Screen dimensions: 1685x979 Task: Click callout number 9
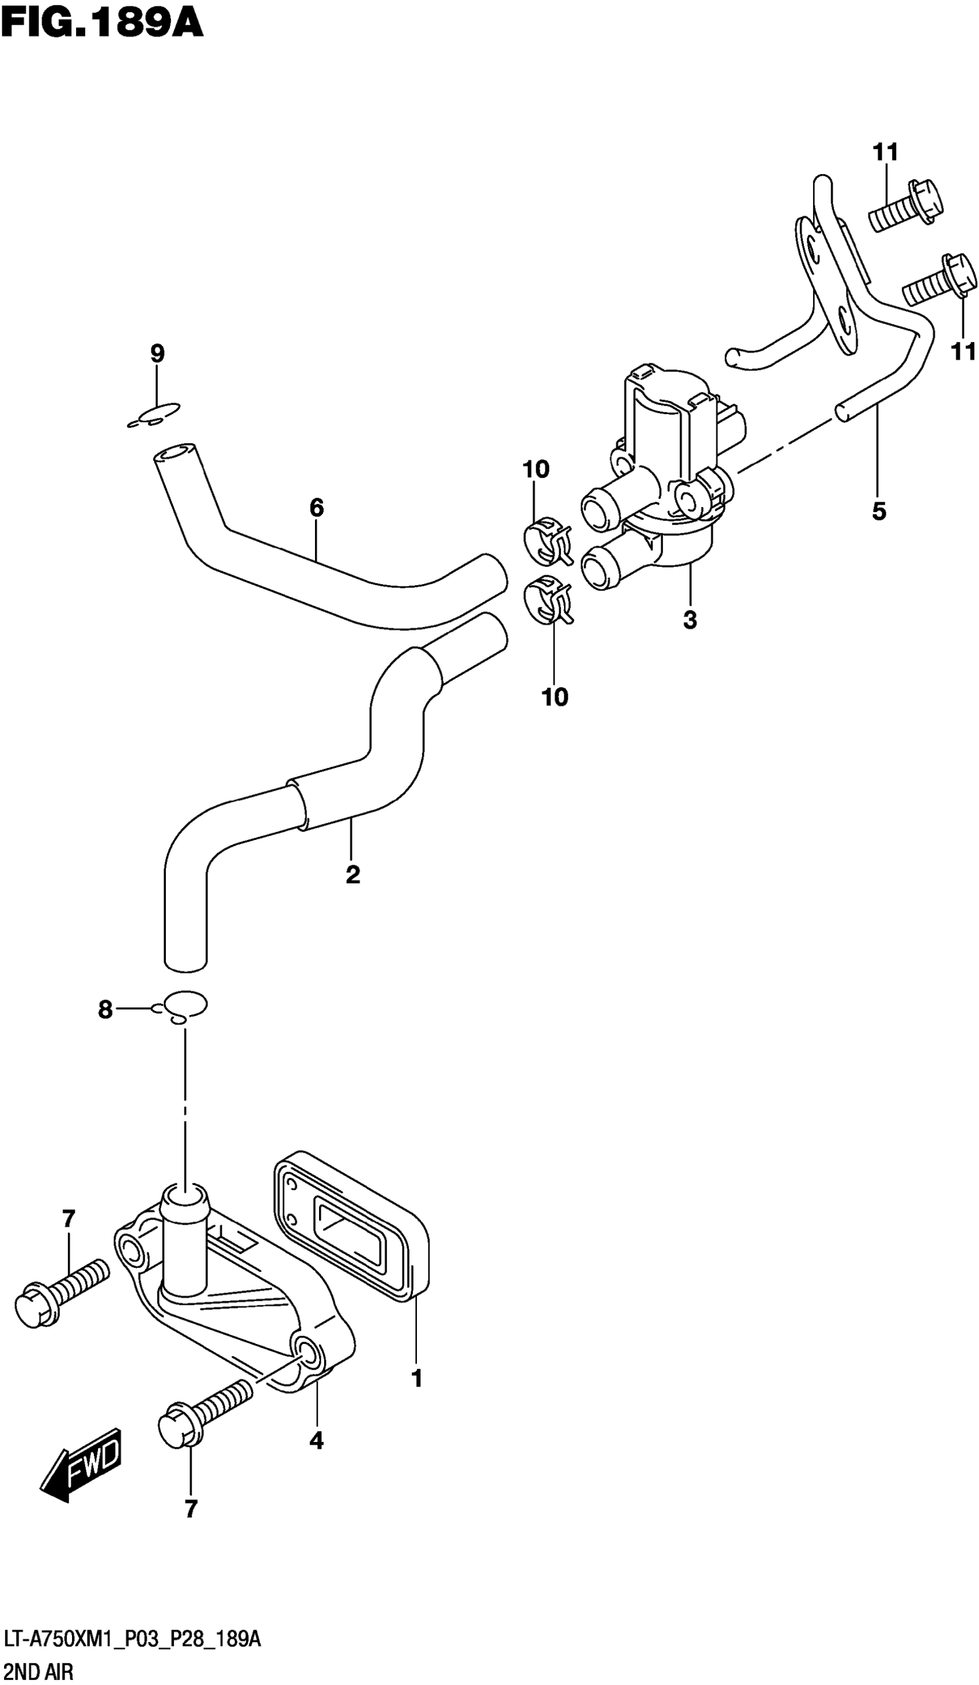[157, 354]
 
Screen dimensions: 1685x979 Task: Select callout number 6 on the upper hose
[316, 508]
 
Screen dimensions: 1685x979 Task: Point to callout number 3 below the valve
[690, 620]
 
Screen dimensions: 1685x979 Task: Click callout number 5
[879, 512]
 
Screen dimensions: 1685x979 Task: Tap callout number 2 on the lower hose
[353, 874]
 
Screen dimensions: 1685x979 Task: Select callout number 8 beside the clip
[105, 1010]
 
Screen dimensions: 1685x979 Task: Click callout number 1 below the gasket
[416, 1378]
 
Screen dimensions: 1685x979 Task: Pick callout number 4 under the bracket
[316, 1440]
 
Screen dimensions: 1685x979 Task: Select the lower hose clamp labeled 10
[549, 599]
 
